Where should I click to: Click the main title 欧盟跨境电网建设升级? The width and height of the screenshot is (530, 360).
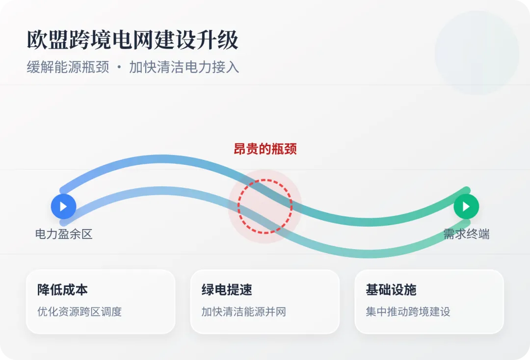point(132,40)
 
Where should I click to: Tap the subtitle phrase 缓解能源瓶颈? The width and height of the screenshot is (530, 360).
point(68,67)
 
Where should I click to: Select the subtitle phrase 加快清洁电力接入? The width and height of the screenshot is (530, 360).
point(184,67)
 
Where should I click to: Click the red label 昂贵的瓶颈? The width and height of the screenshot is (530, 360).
point(265,149)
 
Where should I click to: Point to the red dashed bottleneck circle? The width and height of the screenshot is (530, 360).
point(265,206)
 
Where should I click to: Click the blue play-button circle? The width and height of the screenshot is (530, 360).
point(63,206)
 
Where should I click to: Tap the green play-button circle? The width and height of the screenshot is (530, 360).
point(466,206)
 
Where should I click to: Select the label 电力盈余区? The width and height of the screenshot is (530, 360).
point(64,234)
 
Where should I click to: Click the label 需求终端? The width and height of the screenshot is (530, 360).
point(466,234)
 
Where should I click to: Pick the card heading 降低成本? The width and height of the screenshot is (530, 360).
point(62,290)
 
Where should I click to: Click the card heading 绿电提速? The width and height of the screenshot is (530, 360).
point(227,290)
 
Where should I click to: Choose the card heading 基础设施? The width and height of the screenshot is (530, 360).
point(391,290)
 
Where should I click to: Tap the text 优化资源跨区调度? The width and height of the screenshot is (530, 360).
point(79,311)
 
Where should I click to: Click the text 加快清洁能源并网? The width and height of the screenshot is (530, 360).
point(243,311)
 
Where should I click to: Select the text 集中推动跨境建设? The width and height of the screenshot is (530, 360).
point(408,311)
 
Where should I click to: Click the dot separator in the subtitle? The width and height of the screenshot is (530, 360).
point(119,68)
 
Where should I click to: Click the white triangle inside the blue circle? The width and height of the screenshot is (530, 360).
point(64,206)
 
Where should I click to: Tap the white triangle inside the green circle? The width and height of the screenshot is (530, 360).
point(467,206)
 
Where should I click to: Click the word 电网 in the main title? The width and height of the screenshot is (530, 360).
point(132,40)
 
